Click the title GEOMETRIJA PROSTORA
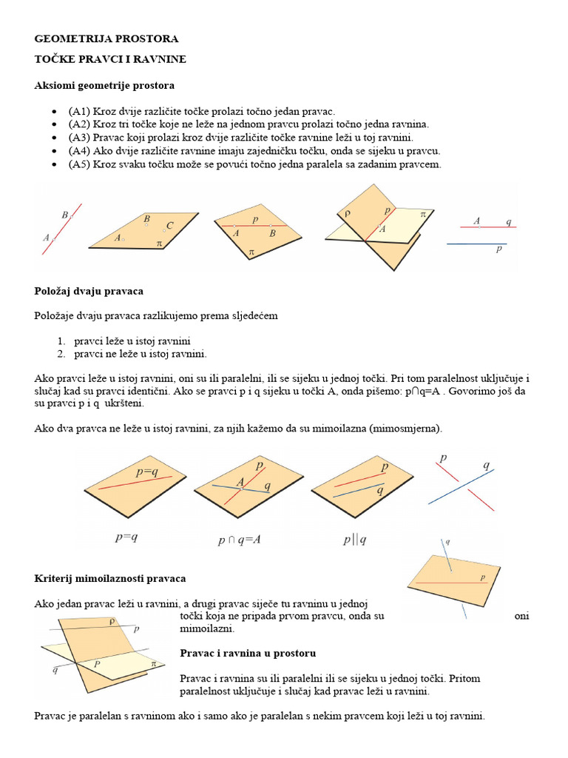106,38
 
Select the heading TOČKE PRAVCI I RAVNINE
110,58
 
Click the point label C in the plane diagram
169,225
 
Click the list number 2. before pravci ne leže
62,354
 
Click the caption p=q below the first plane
126,538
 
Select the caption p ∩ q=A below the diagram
239,540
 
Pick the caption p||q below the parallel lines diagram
354,540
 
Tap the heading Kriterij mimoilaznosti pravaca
110,577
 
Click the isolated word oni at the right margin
521,616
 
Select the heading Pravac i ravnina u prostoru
248,654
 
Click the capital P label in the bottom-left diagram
97,664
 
